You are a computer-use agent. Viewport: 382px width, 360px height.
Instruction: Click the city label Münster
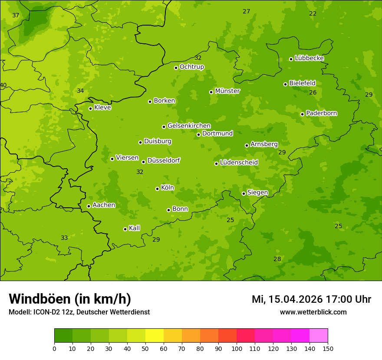pyautogui.click(x=227, y=91)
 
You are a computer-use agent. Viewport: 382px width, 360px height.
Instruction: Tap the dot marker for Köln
pyautogui.click(x=157, y=189)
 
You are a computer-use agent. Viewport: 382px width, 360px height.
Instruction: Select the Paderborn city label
pyautogui.click(x=322, y=113)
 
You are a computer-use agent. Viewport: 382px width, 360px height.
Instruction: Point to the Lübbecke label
pyautogui.click(x=309, y=58)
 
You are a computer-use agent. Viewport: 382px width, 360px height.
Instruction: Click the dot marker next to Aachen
pyautogui.click(x=89, y=206)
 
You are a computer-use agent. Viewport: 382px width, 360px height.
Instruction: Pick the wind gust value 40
pyautogui.click(x=3, y=85)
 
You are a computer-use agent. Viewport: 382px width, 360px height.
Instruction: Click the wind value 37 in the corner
pyautogui.click(x=16, y=15)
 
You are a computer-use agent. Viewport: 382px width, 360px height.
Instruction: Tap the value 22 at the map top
pyautogui.click(x=313, y=13)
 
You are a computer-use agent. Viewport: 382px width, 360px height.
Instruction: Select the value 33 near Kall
pyautogui.click(x=64, y=238)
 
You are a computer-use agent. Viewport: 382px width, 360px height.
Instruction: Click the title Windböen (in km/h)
pyautogui.click(x=70, y=299)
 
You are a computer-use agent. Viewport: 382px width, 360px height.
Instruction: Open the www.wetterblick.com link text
pyautogui.click(x=313, y=312)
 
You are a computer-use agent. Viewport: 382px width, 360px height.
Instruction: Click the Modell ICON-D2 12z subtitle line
pyautogui.click(x=79, y=312)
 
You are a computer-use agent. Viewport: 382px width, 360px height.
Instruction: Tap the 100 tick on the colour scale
pyautogui.click(x=237, y=348)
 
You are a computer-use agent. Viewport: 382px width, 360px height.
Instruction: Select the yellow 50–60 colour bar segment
pyautogui.click(x=155, y=336)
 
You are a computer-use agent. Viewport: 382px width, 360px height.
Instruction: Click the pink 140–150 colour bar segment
pyautogui.click(x=319, y=336)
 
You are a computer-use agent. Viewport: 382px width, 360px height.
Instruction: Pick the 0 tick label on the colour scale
pyautogui.click(x=54, y=348)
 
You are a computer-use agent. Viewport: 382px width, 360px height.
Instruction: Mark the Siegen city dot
pyautogui.click(x=244, y=193)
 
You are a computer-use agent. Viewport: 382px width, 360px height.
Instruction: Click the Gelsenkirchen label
pyautogui.click(x=189, y=126)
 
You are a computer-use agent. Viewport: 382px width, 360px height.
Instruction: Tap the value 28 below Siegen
pyautogui.click(x=277, y=259)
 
